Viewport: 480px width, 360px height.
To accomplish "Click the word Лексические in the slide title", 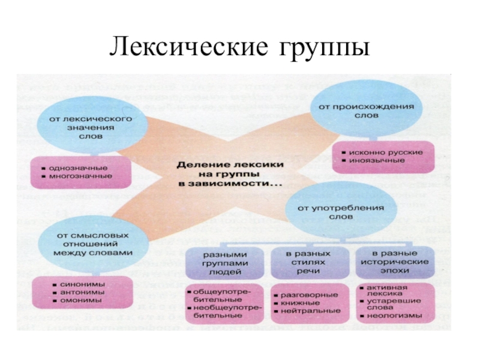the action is (x=188, y=49).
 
